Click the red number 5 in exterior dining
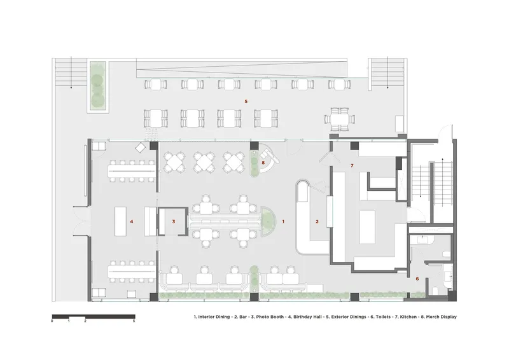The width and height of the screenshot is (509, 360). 246,102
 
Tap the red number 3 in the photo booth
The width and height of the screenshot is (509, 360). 174,222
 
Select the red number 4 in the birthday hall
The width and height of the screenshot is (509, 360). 132,222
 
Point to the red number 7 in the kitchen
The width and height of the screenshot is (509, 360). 352,166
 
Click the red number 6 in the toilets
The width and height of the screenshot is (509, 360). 417,279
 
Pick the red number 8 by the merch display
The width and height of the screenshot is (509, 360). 263,163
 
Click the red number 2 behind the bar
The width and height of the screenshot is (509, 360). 317,222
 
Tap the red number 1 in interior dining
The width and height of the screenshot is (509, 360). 283,222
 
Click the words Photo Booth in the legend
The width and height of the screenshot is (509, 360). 270,317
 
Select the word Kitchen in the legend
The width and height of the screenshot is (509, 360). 407,317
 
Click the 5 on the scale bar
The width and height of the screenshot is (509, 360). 134,321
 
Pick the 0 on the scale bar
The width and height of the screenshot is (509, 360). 52,321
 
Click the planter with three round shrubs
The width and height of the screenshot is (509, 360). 98,87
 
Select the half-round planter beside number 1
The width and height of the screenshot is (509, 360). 268,222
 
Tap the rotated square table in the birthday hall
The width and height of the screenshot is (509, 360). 141,148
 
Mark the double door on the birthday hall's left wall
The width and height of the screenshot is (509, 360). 81,222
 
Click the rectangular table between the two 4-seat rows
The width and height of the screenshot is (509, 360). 120,222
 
